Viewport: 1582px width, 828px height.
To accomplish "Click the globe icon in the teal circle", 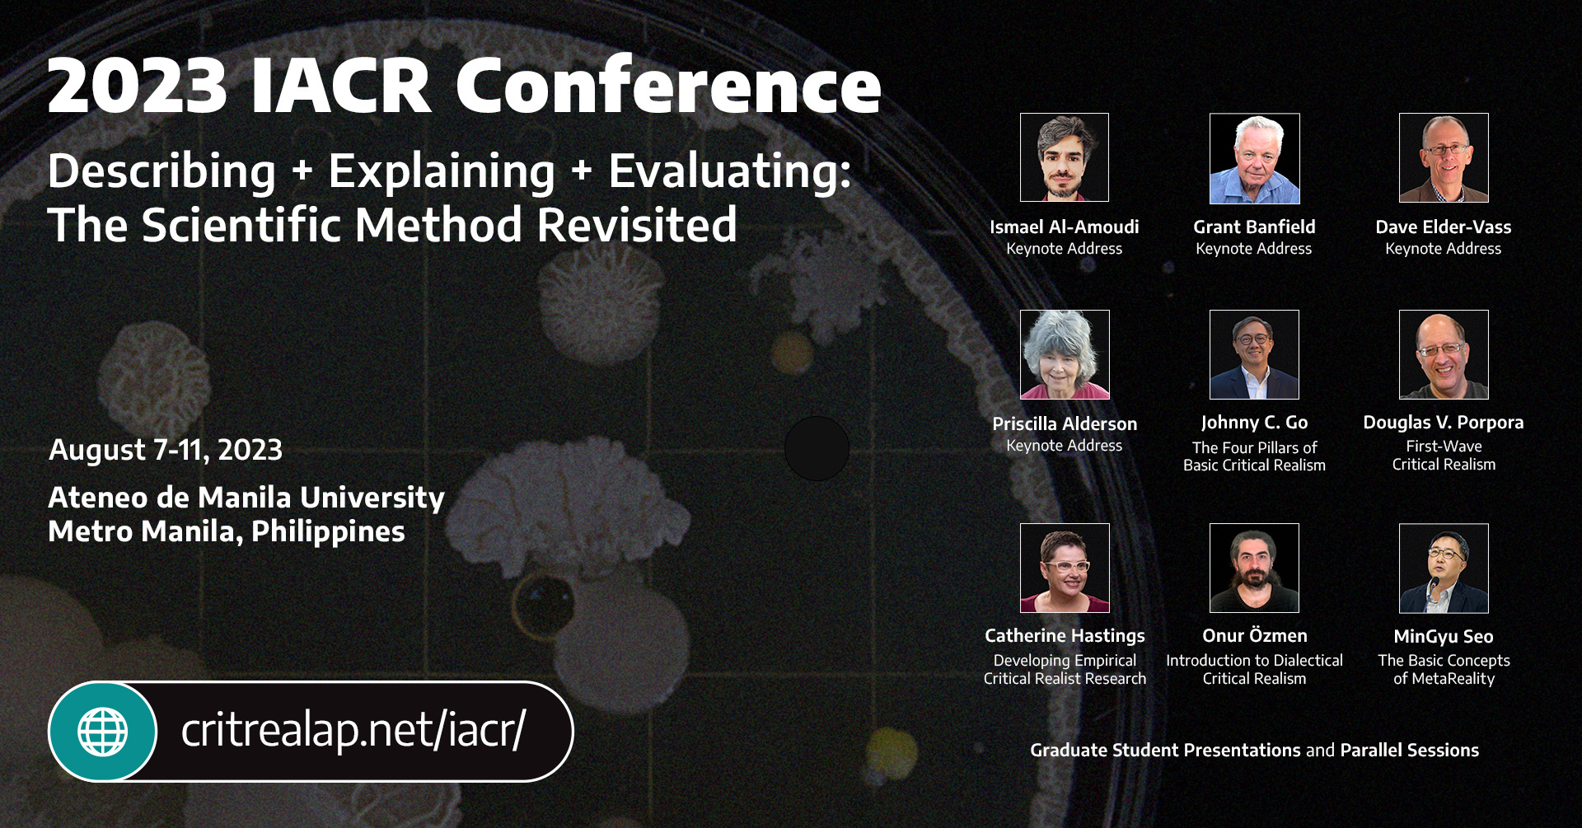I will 103,732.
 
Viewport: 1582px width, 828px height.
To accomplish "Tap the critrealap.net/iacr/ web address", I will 353,730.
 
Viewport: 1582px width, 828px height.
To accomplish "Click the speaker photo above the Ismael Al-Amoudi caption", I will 1064,157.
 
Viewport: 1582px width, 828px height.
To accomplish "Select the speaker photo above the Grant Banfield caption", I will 1254,158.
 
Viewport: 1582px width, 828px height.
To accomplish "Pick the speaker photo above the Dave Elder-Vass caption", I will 1444,157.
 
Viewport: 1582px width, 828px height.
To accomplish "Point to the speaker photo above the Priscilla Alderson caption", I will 1064,354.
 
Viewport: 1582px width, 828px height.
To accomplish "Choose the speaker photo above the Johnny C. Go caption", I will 1254,354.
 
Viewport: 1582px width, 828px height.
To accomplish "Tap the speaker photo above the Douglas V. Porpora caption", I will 1444,354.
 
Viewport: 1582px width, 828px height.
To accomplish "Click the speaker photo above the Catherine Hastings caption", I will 1064,568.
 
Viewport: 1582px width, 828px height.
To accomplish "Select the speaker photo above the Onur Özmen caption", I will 1254,568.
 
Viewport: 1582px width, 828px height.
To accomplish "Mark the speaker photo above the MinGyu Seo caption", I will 1444,568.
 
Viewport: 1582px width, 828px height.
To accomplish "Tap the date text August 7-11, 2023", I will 166,450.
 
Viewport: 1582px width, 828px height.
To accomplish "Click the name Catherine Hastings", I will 1065,635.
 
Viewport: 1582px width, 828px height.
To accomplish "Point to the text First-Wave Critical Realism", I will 1444,455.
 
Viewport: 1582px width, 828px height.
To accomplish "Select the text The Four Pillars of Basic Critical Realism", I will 1254,456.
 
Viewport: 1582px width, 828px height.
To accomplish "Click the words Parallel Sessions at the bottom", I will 1409,750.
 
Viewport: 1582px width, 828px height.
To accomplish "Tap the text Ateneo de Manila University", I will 246,498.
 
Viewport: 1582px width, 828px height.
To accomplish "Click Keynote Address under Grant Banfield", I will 1253,248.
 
